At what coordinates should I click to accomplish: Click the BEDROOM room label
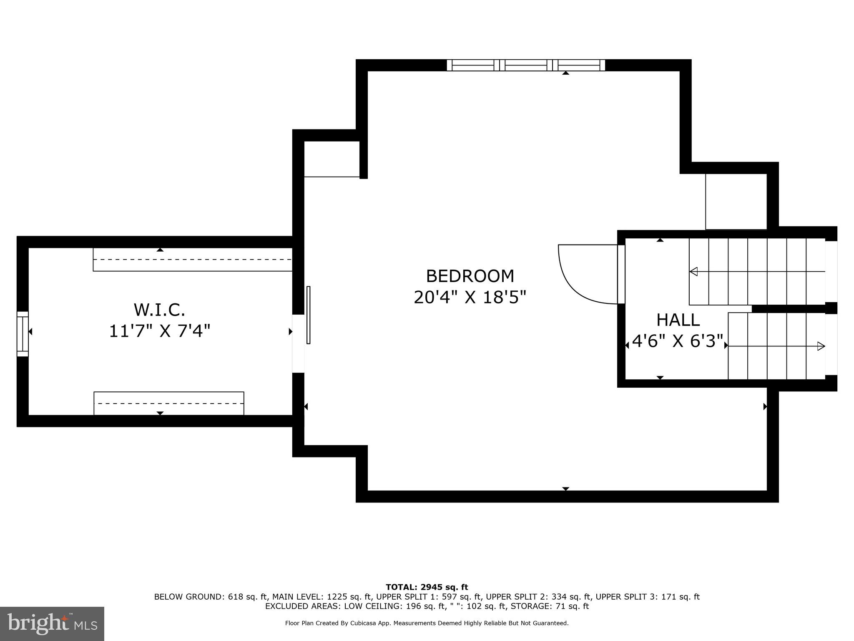click(470, 276)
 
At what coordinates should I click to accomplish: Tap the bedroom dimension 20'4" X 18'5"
click(470, 298)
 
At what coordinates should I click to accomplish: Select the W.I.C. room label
click(159, 310)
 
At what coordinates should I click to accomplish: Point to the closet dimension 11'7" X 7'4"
click(159, 331)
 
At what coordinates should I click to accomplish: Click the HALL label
click(678, 320)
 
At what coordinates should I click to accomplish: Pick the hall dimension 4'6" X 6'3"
click(677, 341)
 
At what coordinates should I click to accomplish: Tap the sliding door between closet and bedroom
click(309, 315)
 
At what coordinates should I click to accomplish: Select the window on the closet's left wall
click(23, 334)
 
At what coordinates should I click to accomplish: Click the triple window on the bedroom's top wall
click(526, 65)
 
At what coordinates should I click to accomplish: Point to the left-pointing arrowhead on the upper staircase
click(693, 272)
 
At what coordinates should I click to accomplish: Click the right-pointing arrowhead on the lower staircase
click(821, 346)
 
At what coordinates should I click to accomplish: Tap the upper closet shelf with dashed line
click(192, 260)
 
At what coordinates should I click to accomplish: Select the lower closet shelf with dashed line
click(169, 403)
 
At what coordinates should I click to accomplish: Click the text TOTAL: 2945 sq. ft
click(427, 588)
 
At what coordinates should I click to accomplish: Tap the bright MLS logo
click(52, 623)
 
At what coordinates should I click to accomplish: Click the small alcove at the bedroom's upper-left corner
click(332, 159)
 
